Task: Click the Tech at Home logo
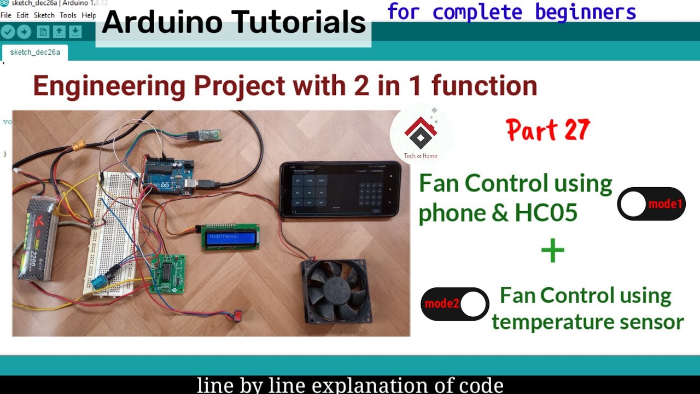point(420,134)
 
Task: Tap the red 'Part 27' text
point(548,131)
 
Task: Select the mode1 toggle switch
point(651,204)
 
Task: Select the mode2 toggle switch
point(454,304)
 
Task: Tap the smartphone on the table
point(340,189)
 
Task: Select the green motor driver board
point(166,274)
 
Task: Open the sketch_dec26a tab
point(34,53)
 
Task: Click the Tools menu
point(68,15)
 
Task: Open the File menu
point(6,15)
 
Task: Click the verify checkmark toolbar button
point(8,32)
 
